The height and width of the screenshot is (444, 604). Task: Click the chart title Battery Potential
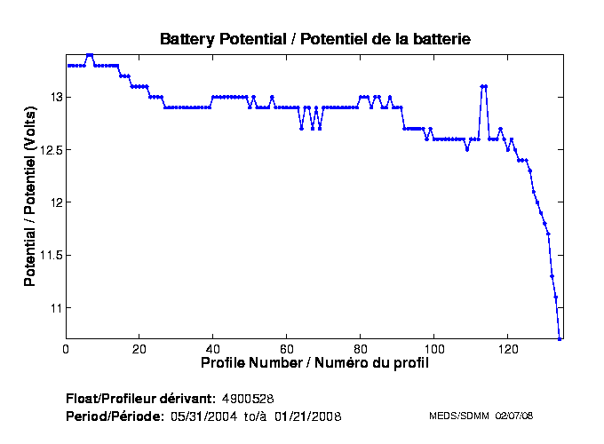(314, 39)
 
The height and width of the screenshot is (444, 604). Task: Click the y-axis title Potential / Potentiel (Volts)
(30, 196)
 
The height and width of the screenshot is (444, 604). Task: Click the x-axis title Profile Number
(315, 362)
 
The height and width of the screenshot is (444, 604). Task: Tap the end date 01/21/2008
(307, 416)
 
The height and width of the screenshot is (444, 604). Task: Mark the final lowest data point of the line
(560, 338)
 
